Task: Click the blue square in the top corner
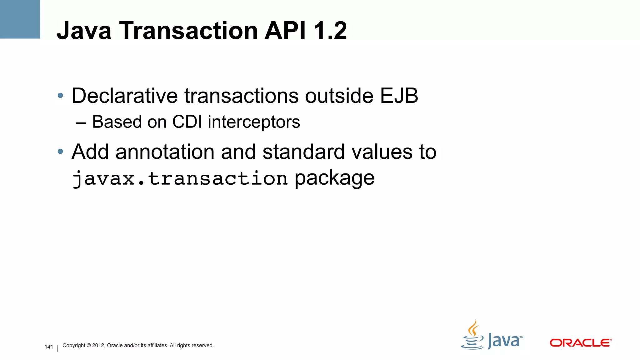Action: pos(20,19)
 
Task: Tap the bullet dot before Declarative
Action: pos(61,95)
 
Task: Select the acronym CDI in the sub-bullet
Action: pos(187,122)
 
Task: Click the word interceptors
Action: pos(254,122)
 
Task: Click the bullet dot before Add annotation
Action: pos(61,152)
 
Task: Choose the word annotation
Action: pos(165,152)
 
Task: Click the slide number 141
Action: pos(49,347)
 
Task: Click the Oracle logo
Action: pos(581,343)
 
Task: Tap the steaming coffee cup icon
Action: pos(473,336)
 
